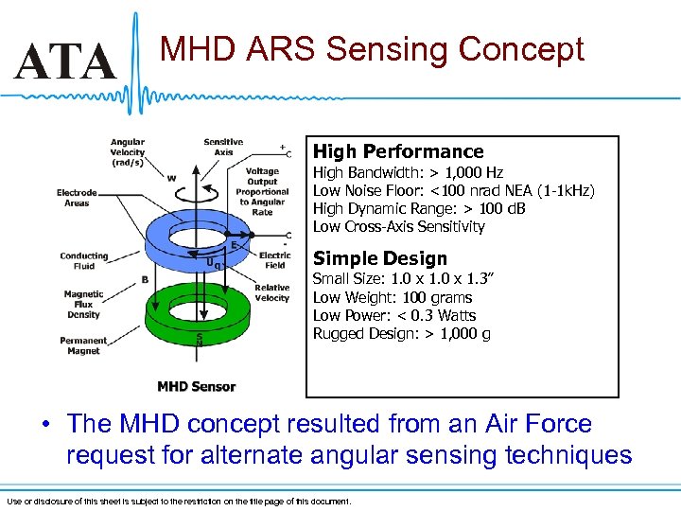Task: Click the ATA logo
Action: click(x=64, y=63)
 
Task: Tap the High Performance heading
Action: click(x=397, y=151)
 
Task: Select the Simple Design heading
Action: click(x=379, y=258)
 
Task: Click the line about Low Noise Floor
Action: click(x=453, y=191)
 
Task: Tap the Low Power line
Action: click(x=394, y=316)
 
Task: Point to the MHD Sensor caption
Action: click(x=196, y=386)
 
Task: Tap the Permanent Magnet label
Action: click(x=84, y=344)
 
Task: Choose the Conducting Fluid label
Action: click(x=83, y=261)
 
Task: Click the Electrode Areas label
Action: click(x=77, y=198)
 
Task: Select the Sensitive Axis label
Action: click(x=223, y=147)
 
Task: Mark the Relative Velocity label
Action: click(x=272, y=292)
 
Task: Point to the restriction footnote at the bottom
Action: click(x=178, y=501)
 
